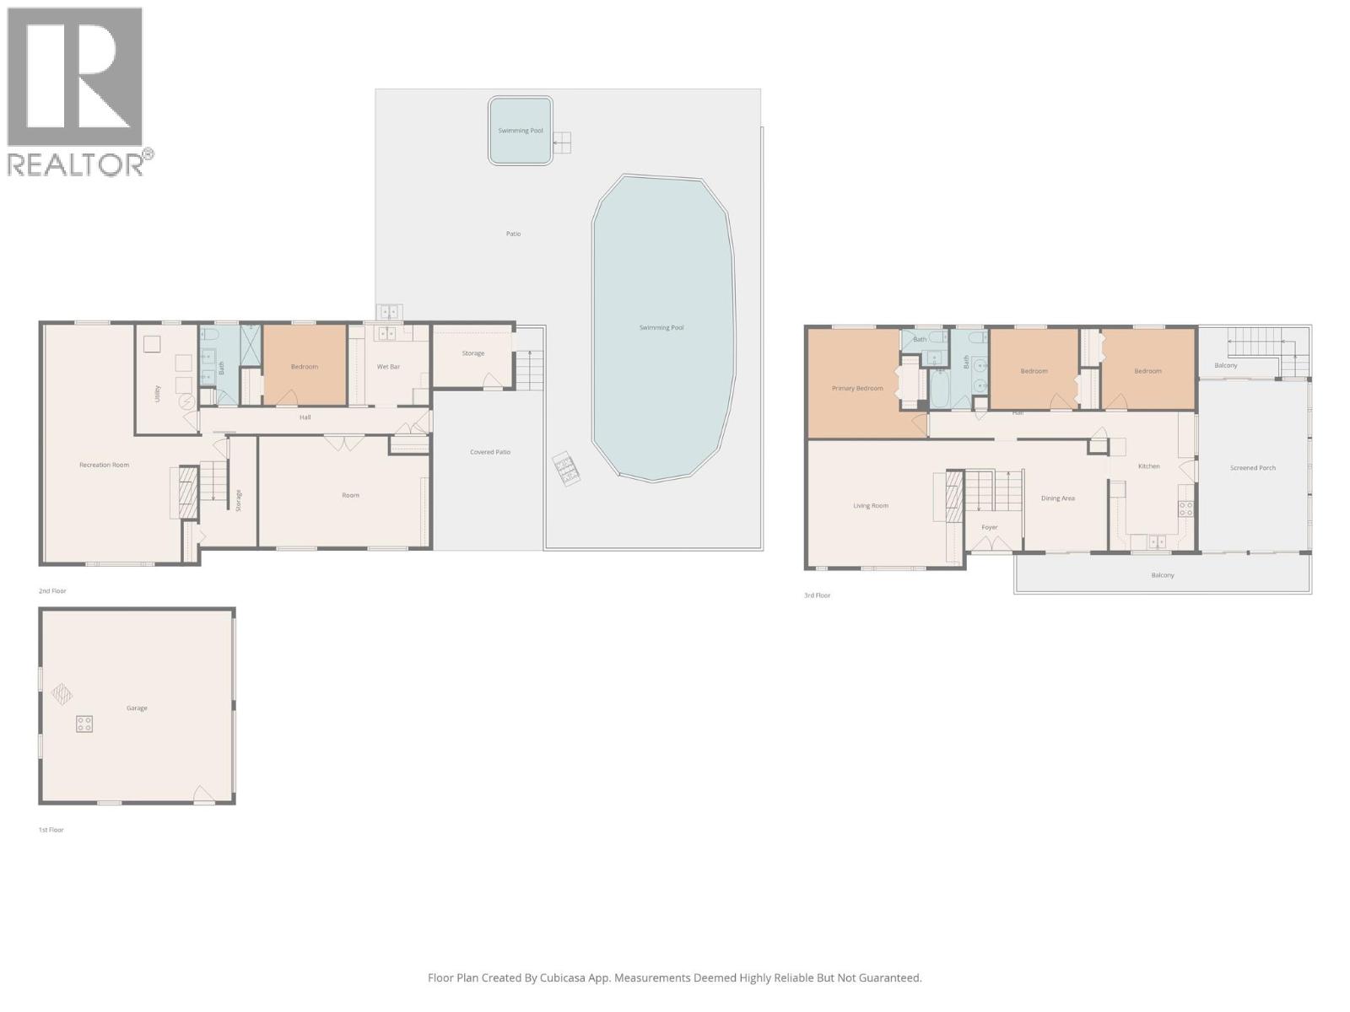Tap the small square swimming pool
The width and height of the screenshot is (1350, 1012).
520,131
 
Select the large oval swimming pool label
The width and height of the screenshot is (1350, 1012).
661,327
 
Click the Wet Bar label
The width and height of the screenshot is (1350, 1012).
388,367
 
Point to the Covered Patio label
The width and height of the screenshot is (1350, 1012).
490,452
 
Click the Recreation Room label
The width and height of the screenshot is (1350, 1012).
104,465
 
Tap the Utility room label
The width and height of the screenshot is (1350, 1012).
158,394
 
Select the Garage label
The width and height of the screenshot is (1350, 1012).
137,708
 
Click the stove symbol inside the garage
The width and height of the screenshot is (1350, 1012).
84,724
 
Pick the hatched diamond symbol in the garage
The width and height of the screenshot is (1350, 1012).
62,694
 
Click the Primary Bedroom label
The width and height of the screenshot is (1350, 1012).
857,389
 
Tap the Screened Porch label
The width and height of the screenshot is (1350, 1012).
1252,468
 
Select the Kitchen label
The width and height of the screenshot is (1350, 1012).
1148,466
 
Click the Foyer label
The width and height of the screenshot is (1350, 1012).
989,528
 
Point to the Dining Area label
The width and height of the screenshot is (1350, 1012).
1057,498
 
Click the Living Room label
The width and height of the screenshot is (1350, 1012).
870,506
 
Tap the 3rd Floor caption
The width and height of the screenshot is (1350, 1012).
817,595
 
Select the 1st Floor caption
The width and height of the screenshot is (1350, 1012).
51,830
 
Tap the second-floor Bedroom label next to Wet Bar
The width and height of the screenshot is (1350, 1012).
304,367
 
